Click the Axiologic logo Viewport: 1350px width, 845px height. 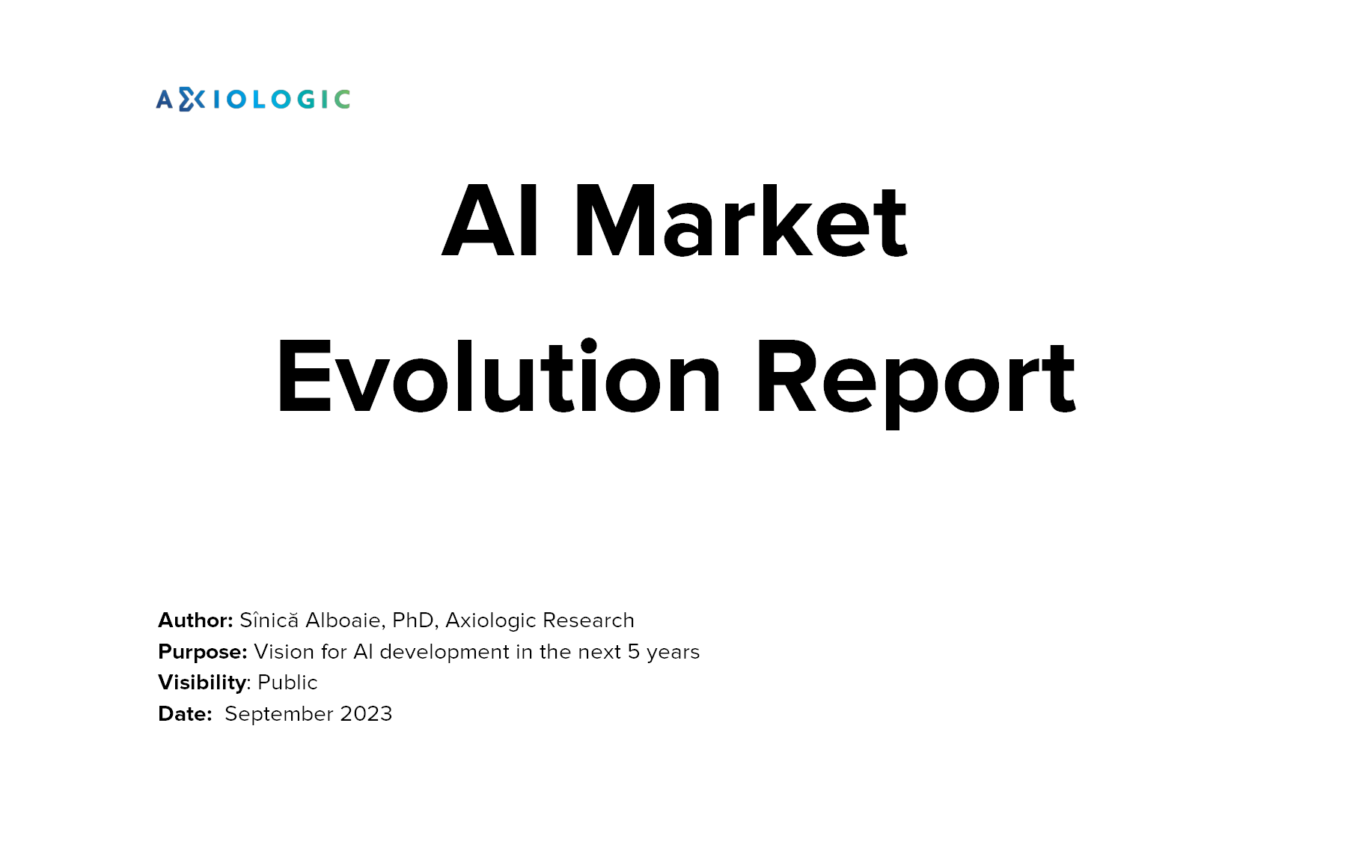pos(253,99)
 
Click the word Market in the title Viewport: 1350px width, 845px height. pos(741,221)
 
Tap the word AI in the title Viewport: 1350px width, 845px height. pos(490,221)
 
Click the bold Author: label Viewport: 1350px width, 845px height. pos(195,620)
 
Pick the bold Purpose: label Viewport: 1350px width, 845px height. pos(203,652)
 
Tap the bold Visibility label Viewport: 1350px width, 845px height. pos(202,683)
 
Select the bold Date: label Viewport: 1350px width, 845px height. pos(185,714)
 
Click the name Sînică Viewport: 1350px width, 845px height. pos(269,620)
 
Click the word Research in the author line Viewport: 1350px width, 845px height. pos(588,620)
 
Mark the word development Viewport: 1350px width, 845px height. pos(445,653)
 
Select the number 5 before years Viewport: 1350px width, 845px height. pos(634,652)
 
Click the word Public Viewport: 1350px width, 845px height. pos(287,683)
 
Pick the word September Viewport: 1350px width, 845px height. pos(279,715)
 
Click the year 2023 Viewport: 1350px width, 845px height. pos(366,714)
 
